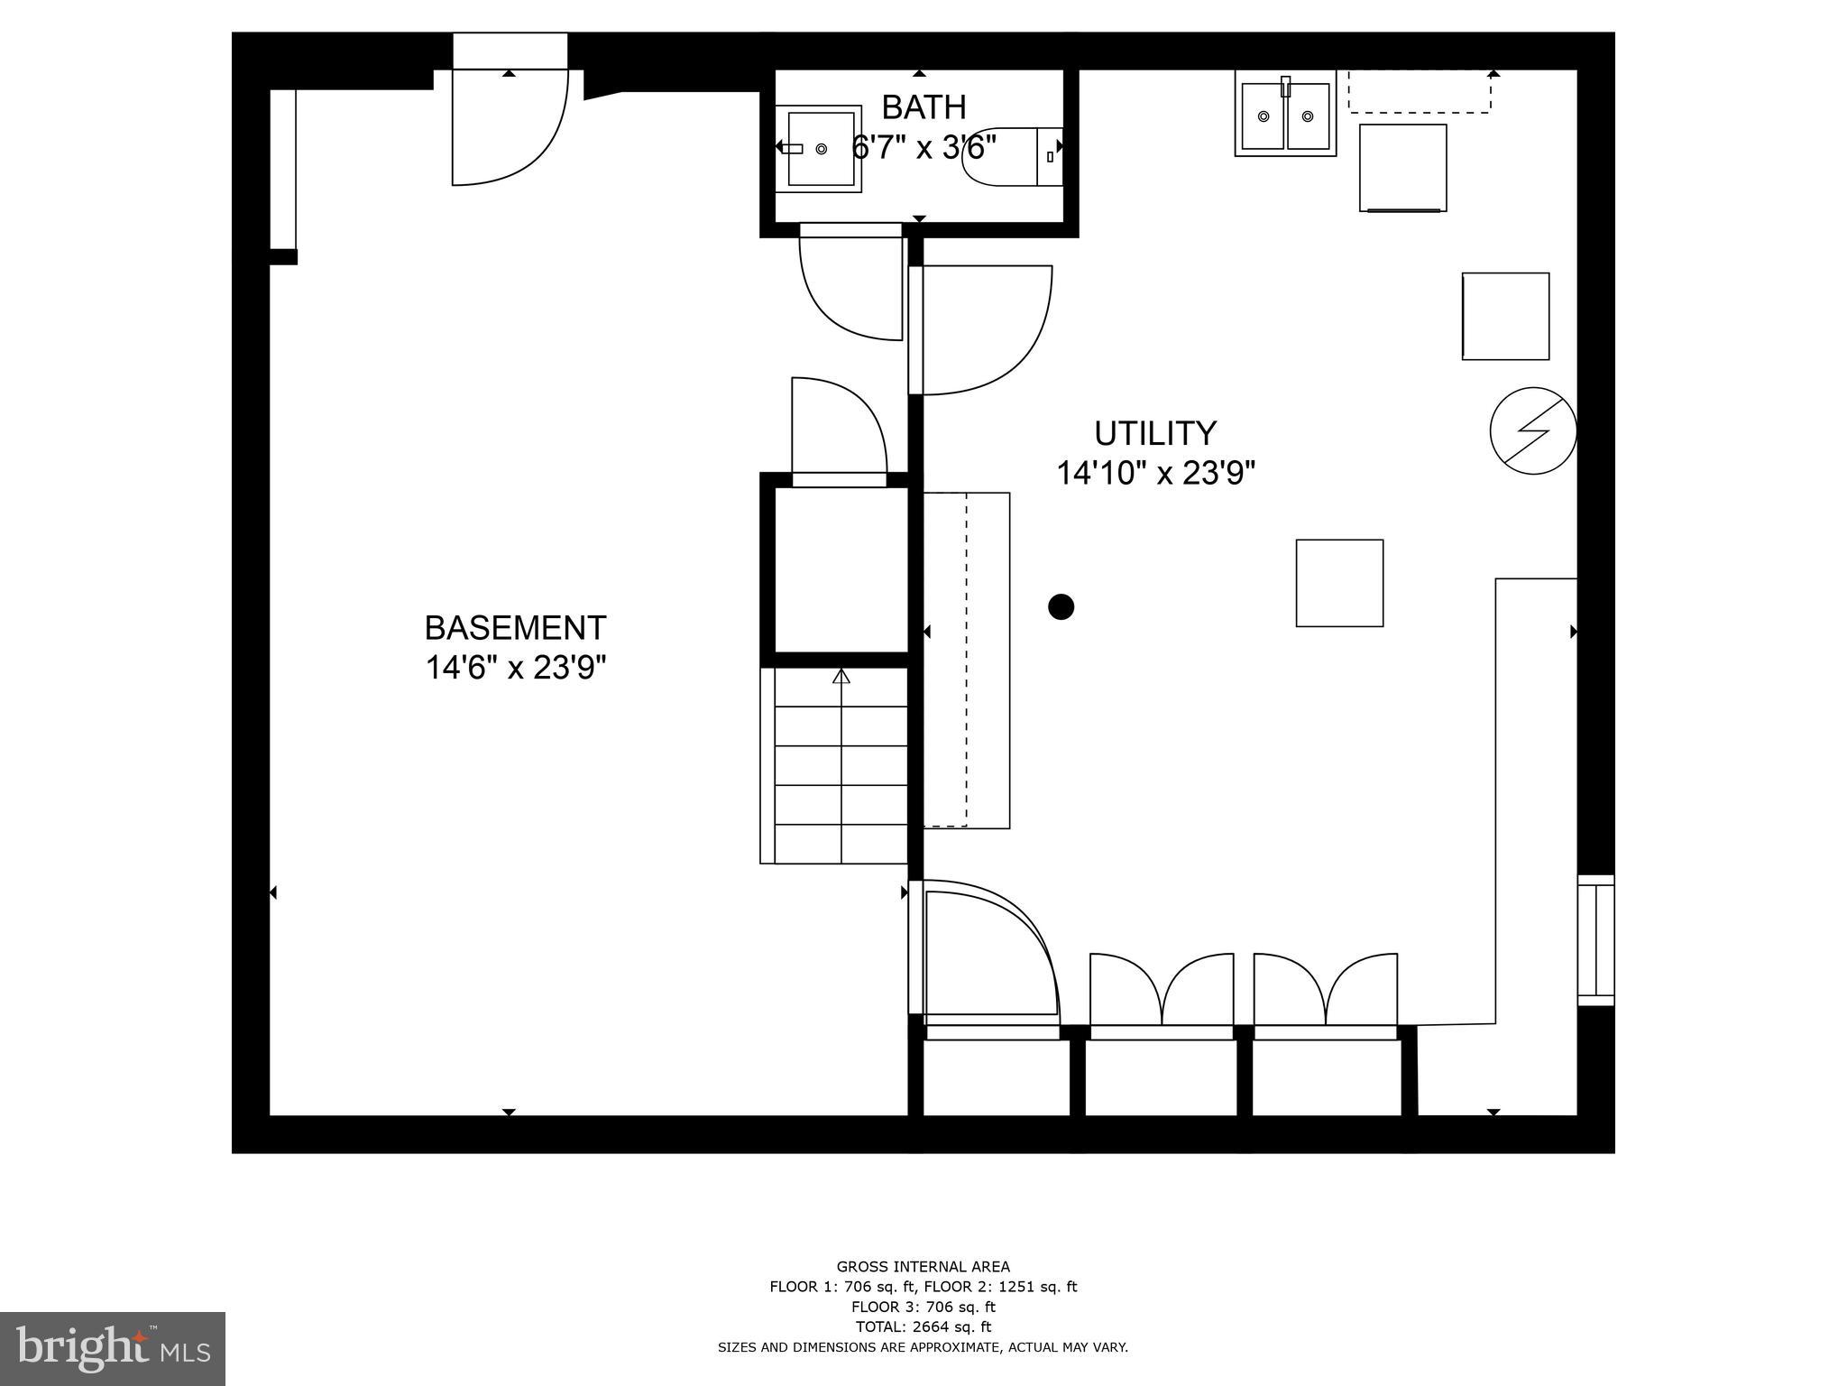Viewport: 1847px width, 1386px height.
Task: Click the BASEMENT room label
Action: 515,627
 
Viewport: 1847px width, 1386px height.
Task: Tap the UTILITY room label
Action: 1155,433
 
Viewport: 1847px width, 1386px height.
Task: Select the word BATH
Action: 923,107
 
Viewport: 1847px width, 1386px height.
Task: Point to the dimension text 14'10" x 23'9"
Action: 1155,473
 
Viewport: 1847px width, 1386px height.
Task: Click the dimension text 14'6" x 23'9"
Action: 515,668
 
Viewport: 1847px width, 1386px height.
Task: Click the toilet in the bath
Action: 1010,157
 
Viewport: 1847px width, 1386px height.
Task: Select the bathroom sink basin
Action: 821,149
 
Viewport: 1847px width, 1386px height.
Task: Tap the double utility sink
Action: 1285,116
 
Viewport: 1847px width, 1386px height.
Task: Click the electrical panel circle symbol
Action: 1532,430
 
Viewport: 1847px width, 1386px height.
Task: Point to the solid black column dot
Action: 1061,606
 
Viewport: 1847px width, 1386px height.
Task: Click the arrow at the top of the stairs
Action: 841,676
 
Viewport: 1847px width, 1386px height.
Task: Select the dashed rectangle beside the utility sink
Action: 1419,93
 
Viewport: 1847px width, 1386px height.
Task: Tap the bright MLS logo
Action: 113,1348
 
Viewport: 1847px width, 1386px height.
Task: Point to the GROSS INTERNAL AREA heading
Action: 923,1266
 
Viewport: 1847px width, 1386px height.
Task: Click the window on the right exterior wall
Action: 1595,939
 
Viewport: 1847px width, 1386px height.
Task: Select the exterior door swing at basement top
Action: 510,126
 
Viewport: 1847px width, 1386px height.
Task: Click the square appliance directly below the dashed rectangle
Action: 1402,168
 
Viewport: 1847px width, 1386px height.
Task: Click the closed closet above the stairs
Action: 841,569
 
